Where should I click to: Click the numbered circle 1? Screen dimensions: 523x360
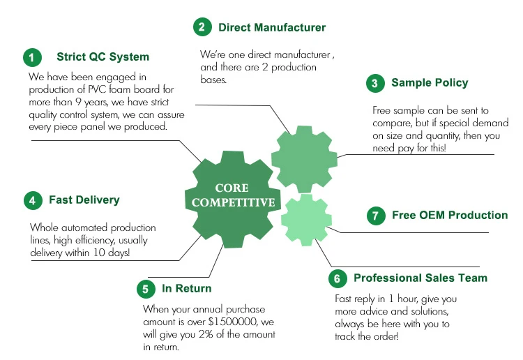32,57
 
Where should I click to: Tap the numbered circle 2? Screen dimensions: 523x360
202,27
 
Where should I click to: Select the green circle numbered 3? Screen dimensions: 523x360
375,83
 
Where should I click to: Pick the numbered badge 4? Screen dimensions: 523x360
33,200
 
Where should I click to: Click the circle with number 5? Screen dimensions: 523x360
146,289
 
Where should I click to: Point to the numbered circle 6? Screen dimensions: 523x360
338,278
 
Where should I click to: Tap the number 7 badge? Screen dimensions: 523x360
376,216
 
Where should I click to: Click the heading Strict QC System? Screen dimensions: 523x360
103,57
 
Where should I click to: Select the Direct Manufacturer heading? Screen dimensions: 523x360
272,27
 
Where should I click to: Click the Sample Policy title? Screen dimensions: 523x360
430,83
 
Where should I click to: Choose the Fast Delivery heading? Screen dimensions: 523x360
84,200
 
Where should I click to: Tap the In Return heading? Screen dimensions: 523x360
186,288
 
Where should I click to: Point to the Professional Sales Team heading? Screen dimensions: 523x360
420,278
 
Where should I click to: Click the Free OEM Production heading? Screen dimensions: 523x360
450,215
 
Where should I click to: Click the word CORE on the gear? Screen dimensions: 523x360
232,188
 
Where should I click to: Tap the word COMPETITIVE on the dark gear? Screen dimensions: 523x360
233,202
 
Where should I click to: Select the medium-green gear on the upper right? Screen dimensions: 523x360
304,160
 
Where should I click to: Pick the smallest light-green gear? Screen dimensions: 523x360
306,220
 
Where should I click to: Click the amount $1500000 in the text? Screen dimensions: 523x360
232,322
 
